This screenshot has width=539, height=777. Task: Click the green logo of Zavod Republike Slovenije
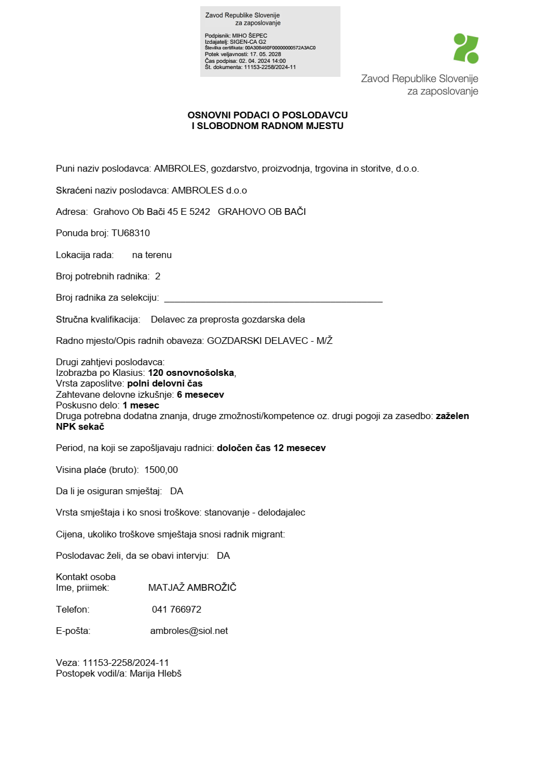(466, 48)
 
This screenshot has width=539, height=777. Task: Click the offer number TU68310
(131, 233)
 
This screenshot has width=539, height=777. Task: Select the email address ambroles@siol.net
(189, 631)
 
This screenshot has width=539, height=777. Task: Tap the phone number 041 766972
(177, 610)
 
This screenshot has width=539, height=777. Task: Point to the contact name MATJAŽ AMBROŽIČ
(192, 588)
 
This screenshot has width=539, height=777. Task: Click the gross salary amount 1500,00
(161, 470)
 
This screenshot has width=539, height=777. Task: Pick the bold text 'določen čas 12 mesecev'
(271, 448)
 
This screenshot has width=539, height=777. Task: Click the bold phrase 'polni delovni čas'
(165, 384)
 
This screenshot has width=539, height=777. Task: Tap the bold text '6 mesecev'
(200, 395)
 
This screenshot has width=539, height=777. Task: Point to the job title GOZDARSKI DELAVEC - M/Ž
(270, 341)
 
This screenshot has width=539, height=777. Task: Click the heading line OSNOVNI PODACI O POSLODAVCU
(268, 116)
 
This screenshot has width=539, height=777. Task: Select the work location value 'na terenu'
(152, 255)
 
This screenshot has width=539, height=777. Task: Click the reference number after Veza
(126, 663)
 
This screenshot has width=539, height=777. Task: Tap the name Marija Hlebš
(155, 674)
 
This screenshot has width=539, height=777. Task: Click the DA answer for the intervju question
(223, 556)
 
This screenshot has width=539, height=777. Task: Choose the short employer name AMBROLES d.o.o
(209, 191)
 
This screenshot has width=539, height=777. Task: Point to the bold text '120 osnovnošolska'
(191, 373)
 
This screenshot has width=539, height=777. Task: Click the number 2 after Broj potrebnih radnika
(158, 277)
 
